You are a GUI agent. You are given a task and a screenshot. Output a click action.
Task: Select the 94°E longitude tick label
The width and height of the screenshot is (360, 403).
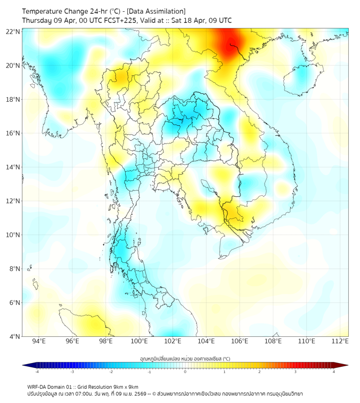(x=39, y=341)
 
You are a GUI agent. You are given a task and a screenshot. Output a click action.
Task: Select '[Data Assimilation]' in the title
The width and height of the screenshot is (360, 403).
(x=156, y=11)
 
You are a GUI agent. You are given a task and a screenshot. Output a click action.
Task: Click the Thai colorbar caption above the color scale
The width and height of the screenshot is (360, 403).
(x=185, y=359)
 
